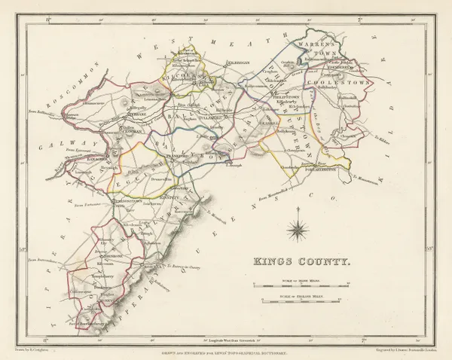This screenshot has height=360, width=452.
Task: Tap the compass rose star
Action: (x=300, y=228)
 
